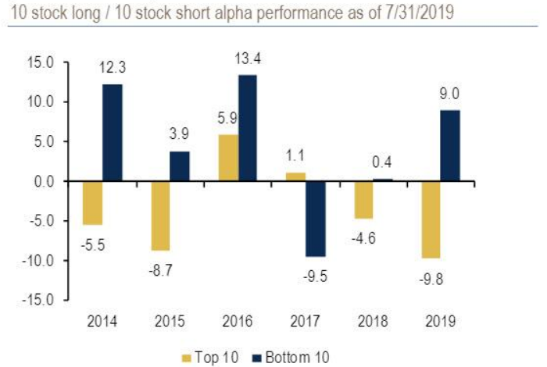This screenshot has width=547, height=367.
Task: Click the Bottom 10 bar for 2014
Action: tap(112, 133)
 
